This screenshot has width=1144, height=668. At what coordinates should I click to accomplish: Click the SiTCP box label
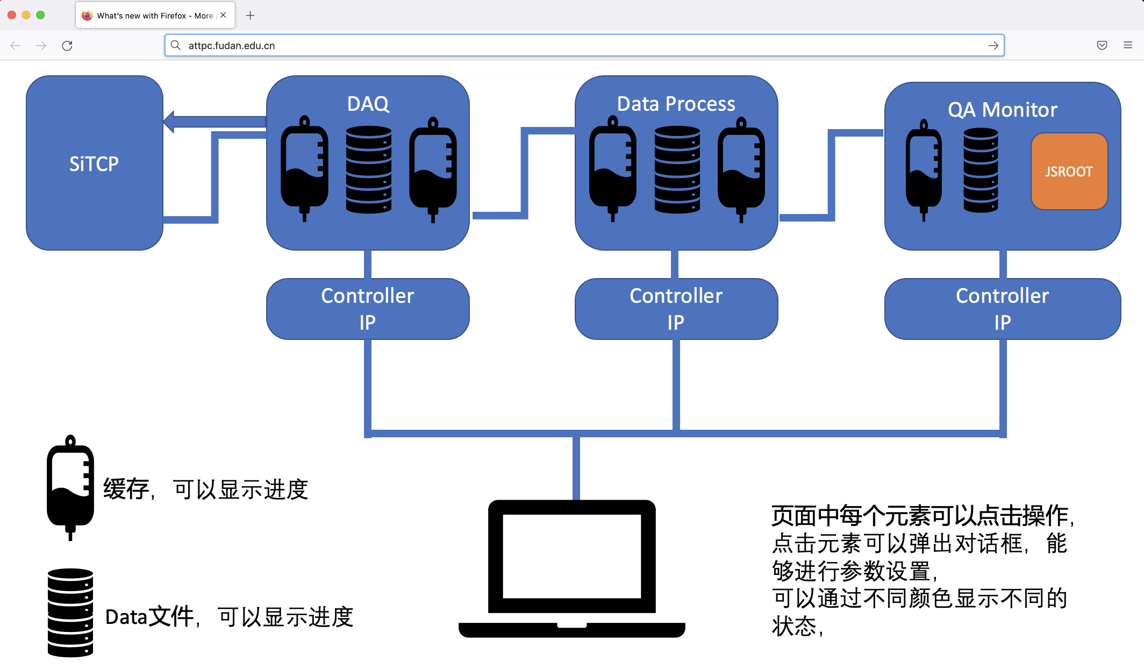tap(94, 164)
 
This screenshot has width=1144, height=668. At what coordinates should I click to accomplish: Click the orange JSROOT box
tap(1069, 172)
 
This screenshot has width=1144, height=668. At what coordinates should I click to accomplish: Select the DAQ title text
tap(368, 104)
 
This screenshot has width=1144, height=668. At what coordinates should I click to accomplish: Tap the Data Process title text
tap(676, 104)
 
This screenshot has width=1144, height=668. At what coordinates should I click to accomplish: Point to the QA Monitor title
tap(1002, 110)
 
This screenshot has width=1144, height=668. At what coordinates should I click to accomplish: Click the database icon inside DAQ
tap(369, 169)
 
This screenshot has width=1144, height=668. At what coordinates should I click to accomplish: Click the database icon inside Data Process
tap(677, 169)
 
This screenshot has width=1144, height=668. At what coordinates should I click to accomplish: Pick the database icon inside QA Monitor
tap(981, 169)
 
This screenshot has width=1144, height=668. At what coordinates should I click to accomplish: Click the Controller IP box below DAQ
tap(368, 309)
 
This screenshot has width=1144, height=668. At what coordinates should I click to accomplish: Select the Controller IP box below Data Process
tap(676, 309)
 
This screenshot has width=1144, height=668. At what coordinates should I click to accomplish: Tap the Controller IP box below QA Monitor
tap(1002, 309)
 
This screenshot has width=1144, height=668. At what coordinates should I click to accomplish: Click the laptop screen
tap(571, 556)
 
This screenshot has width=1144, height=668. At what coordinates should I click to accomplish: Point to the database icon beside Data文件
tap(70, 613)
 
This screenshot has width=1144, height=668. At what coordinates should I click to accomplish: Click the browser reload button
tap(67, 46)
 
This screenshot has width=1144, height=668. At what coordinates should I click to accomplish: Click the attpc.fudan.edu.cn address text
tap(232, 46)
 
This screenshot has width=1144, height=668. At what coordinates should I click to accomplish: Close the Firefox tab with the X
tap(223, 16)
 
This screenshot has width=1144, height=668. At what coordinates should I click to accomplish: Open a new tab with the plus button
tap(250, 16)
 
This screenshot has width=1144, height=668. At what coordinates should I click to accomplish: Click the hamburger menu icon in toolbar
tap(1127, 45)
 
